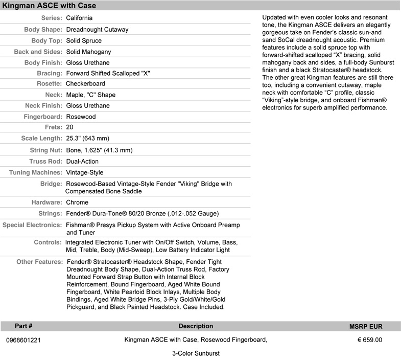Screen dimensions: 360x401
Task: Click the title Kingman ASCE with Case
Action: click(x=49, y=6)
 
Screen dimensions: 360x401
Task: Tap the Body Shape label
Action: click(x=43, y=30)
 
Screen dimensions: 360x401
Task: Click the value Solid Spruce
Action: click(x=84, y=41)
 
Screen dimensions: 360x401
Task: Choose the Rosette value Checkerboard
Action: click(x=85, y=84)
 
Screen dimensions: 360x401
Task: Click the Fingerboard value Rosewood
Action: click(x=81, y=117)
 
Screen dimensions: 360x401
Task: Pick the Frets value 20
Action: click(x=70, y=127)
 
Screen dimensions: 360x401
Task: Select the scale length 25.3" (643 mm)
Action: click(x=88, y=139)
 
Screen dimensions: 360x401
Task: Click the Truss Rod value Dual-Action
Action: click(x=82, y=162)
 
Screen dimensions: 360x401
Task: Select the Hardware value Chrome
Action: click(x=77, y=202)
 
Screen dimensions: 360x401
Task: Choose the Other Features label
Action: click(x=39, y=262)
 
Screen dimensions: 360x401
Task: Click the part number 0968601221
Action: click(x=23, y=340)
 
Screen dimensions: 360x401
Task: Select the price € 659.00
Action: click(x=369, y=340)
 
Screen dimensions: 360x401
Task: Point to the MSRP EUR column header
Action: click(x=366, y=326)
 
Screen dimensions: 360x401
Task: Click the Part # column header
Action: click(x=23, y=326)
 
